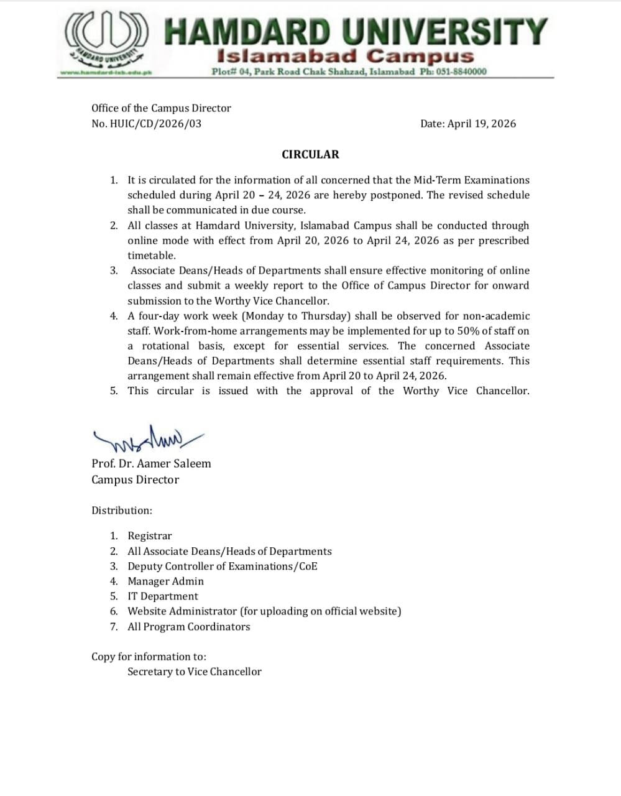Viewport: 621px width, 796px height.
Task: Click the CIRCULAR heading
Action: pos(310,154)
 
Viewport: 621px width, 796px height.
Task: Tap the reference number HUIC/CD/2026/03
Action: pos(155,123)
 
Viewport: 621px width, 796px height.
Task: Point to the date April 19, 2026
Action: pos(482,123)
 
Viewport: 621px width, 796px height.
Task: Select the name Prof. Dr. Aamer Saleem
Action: pos(151,463)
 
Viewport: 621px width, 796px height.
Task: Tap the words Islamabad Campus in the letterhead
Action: pos(345,56)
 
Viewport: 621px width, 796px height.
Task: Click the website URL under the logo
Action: pos(106,73)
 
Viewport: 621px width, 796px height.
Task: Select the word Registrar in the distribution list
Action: pos(150,535)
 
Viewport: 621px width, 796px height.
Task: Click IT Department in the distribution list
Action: pos(163,596)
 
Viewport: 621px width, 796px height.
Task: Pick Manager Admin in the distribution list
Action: pos(165,581)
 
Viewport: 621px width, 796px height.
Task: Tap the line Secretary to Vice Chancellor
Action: pos(195,672)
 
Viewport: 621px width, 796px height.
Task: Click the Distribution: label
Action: pos(122,511)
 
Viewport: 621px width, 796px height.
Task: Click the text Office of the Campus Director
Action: pos(161,108)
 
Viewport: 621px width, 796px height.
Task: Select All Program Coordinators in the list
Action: pos(189,626)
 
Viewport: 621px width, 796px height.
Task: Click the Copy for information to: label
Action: pos(149,657)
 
